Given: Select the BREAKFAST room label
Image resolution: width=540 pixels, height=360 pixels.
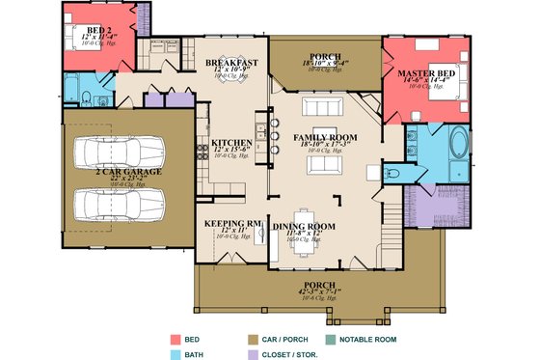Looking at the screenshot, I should [229, 63].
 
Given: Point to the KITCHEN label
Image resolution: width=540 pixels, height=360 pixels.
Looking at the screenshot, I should [231, 143].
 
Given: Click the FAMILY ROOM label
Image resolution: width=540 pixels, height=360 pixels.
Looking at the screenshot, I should [325, 138].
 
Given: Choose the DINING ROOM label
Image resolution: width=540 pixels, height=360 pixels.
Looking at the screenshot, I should [304, 226].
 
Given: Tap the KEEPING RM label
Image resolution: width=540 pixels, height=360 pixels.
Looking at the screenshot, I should [228, 222].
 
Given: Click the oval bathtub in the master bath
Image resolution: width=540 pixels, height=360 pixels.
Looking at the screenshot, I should [457, 149].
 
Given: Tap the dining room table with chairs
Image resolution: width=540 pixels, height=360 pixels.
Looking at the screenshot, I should [305, 233].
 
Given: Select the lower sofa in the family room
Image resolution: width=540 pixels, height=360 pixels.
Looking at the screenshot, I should [324, 165].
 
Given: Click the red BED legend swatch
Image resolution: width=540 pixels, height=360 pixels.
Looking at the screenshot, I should [177, 340].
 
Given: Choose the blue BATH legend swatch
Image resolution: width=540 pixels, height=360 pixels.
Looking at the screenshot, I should [177, 354].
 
